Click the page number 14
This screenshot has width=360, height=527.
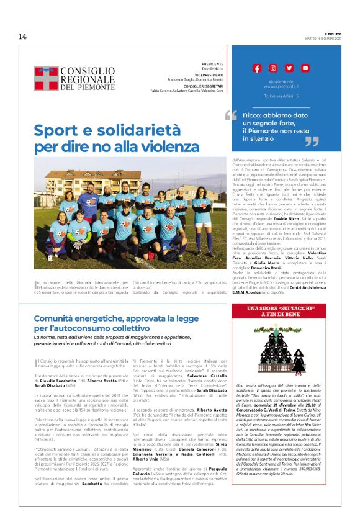(22, 36)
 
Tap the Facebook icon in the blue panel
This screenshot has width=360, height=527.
(257, 68)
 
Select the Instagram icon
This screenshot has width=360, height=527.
(273, 68)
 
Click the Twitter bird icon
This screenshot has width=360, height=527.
(289, 68)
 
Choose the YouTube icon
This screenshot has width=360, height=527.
(305, 68)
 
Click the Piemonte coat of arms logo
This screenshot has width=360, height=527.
(46, 79)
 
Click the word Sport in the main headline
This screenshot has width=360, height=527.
(59, 130)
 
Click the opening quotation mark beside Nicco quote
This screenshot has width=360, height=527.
(231, 115)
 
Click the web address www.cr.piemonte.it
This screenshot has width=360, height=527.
(281, 86)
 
